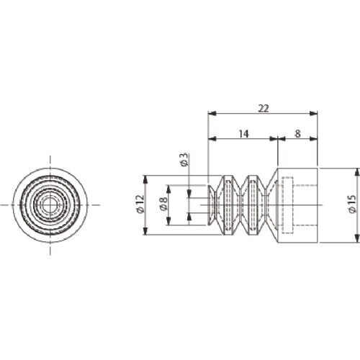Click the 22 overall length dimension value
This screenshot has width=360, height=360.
click(264, 109)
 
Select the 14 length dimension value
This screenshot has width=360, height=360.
click(243, 134)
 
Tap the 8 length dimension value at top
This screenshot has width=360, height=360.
click(297, 134)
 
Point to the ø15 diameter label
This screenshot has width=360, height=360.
click(352, 204)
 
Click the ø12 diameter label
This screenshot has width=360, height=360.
click(140, 204)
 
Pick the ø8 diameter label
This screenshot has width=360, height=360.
click(164, 204)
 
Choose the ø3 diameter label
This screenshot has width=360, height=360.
click(184, 160)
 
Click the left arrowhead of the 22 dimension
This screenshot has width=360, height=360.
click(212, 113)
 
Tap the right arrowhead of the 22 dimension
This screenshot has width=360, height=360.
click(313, 113)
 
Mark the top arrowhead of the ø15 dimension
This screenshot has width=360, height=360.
click(358, 172)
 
